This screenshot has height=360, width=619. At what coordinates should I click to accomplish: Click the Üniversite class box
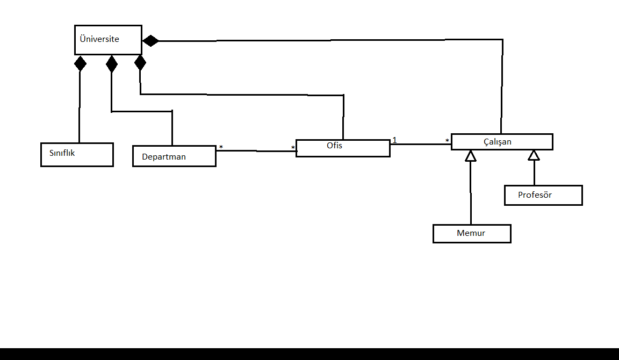coord(108,40)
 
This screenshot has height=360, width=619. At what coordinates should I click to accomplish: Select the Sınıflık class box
coord(77,155)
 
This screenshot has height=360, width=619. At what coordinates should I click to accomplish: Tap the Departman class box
coord(174,156)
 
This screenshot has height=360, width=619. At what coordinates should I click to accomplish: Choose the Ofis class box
coord(343,148)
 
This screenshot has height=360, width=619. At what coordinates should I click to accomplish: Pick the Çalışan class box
coord(502,142)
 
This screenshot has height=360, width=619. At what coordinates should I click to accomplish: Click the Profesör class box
coord(543,195)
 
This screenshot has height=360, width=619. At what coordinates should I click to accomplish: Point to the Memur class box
coord(472,234)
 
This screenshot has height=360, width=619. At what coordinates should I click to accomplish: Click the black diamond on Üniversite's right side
coord(150,41)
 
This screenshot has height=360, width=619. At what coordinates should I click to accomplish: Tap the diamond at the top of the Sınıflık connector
coord(80,63)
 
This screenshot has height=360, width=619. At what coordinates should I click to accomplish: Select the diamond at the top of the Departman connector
coord(111,64)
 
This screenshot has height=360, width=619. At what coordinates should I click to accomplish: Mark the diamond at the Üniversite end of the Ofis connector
coord(140,63)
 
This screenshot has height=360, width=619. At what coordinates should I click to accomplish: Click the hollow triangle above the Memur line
coord(471,156)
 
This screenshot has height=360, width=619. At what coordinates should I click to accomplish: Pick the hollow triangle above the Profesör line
coord(534,155)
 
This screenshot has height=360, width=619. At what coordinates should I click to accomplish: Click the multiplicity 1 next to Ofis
coord(394,140)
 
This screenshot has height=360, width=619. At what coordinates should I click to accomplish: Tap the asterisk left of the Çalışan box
coord(447,141)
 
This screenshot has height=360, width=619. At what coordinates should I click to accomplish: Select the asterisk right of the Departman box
coord(221,147)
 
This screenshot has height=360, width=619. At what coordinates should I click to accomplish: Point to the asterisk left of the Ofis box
coord(293,148)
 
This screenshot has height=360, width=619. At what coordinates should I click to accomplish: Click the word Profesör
coord(535,195)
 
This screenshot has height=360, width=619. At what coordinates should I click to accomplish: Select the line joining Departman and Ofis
coord(255,151)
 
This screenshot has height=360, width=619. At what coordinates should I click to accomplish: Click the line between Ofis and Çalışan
coord(421,144)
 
